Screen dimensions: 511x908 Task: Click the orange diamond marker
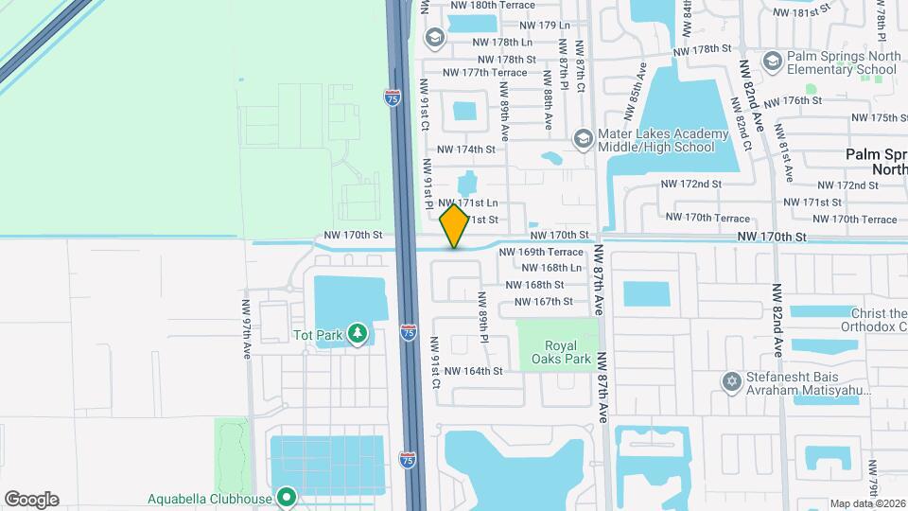[455, 227]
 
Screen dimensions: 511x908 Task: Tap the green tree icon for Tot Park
[357, 333]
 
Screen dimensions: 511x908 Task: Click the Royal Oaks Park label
[561, 352]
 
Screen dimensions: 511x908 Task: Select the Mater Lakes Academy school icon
[583, 139]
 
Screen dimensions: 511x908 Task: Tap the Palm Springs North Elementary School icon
[773, 62]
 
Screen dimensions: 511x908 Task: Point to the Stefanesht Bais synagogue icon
[729, 382]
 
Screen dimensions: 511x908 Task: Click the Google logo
[31, 500]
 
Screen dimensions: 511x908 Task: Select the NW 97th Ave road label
[246, 336]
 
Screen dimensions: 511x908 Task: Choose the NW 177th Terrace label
[484, 73]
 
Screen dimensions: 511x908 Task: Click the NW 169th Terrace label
[541, 253]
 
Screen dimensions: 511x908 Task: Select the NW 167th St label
[543, 302]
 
